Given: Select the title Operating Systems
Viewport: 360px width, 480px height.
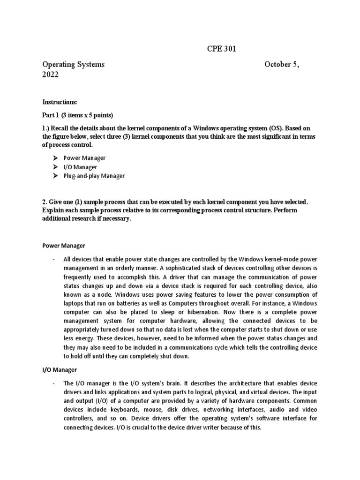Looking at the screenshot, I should click(x=74, y=65).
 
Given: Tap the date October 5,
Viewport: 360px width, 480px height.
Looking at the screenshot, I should click(x=282, y=65).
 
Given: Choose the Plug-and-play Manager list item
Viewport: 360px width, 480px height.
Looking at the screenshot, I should click(x=94, y=176).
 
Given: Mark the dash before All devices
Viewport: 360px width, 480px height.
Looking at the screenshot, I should click(x=54, y=259).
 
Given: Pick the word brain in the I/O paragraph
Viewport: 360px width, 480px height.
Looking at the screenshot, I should click(x=166, y=383).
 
